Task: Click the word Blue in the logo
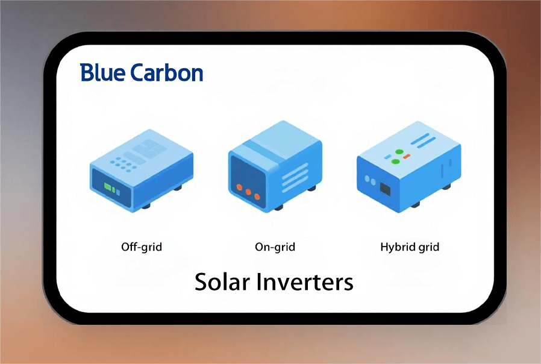[x=102, y=72]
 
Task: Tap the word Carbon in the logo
[x=167, y=72]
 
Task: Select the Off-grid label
[x=142, y=247]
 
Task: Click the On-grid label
[x=275, y=247]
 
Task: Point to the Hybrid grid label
[x=410, y=247]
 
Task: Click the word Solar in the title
[x=222, y=282]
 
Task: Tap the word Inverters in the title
[x=305, y=282]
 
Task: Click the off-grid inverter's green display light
[x=108, y=187]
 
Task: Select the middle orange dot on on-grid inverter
[x=248, y=192]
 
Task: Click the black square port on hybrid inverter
[x=385, y=189]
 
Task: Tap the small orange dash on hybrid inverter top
[x=407, y=156]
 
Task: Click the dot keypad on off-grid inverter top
[x=123, y=165]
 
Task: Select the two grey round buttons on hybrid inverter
[x=371, y=180]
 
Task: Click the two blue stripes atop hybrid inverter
[x=423, y=140]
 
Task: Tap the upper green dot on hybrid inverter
[x=399, y=151]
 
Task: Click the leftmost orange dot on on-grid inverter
[x=239, y=187]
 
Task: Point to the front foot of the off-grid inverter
[x=146, y=206]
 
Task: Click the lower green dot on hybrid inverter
[x=395, y=162]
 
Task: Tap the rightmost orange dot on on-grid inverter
[x=257, y=196]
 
